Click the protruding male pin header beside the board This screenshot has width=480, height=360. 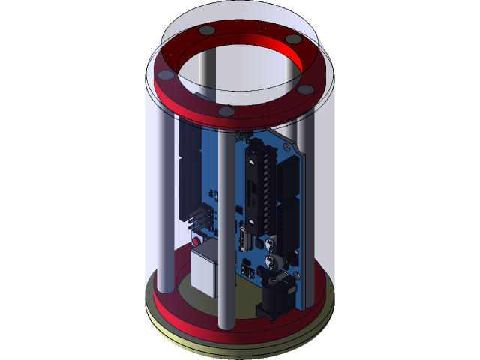197,217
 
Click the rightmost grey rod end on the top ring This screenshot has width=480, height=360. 306,89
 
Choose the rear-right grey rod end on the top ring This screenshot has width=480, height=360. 294,39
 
